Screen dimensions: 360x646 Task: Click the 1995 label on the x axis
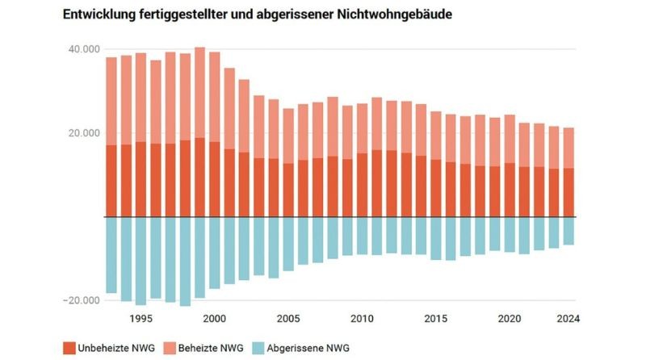141,318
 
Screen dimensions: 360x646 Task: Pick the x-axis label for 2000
214,318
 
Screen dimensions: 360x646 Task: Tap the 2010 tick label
361,318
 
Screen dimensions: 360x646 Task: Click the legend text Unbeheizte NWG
116,348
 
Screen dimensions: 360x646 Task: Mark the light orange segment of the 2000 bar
215,97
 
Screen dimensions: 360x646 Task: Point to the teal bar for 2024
568,231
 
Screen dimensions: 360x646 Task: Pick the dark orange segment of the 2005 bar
288,190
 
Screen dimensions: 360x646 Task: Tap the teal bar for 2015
435,238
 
